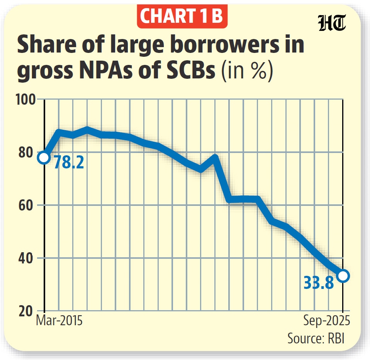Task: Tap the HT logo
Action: pos(332,25)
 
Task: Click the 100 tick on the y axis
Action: pos(26,100)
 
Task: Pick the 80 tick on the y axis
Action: pos(28,152)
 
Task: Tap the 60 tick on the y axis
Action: pos(28,205)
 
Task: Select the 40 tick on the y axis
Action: pos(28,258)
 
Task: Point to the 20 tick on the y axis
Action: pos(28,311)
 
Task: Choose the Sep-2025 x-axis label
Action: pos(326,321)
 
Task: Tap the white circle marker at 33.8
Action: pos(343,275)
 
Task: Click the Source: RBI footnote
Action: pos(316,338)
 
